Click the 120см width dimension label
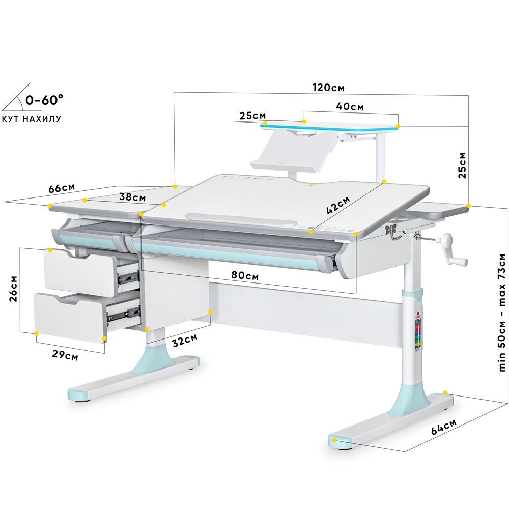328,87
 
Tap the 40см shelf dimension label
350,107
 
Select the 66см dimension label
62,188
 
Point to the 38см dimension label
134,196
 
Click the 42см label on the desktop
338,205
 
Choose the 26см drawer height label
13,289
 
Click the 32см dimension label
185,340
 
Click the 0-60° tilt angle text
45,100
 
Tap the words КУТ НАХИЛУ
32,119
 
